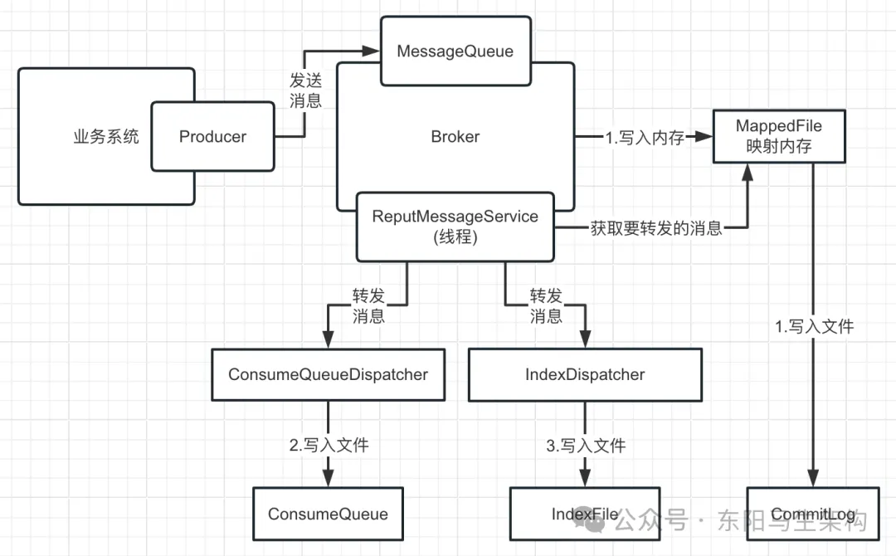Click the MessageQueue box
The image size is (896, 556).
[x=455, y=51]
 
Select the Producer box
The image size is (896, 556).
[x=212, y=137]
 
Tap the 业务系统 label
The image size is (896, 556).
[x=106, y=137]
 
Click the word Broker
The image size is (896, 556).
[x=455, y=137]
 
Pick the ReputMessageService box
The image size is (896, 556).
[x=455, y=226]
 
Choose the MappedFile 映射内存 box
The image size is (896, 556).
[x=779, y=136]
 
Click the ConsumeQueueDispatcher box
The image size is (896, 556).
[x=328, y=374]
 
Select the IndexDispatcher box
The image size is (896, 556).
[x=585, y=374]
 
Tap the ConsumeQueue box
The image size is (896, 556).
[x=328, y=515]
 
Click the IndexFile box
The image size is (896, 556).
[x=585, y=515]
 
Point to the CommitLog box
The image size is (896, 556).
[x=812, y=515]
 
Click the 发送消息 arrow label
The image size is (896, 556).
[x=305, y=90]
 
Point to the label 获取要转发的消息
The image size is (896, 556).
[x=656, y=228]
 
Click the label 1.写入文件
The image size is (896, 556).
[x=814, y=327]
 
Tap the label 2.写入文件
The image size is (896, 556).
[x=329, y=446]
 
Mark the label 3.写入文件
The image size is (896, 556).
[x=586, y=446]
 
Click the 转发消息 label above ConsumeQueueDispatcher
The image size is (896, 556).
[x=368, y=305]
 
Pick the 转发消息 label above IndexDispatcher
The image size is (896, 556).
[x=546, y=305]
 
